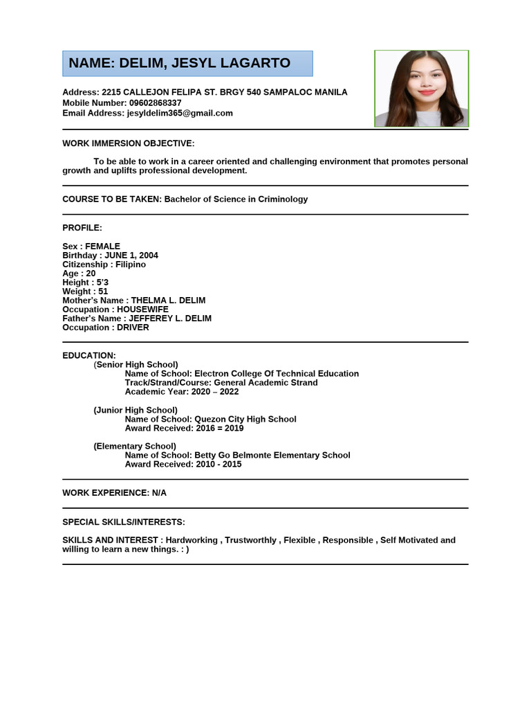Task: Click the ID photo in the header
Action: (x=421, y=89)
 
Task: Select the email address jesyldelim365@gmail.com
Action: (x=180, y=113)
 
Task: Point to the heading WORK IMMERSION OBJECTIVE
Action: (x=129, y=143)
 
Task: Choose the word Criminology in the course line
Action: (x=282, y=199)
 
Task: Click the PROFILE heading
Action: (x=82, y=228)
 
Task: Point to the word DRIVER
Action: (x=133, y=327)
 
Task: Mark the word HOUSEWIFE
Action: (x=142, y=309)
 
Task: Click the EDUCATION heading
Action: (x=89, y=355)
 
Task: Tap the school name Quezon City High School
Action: (x=245, y=419)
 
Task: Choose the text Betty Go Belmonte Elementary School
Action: (x=272, y=456)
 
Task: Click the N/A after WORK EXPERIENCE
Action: (x=159, y=493)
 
